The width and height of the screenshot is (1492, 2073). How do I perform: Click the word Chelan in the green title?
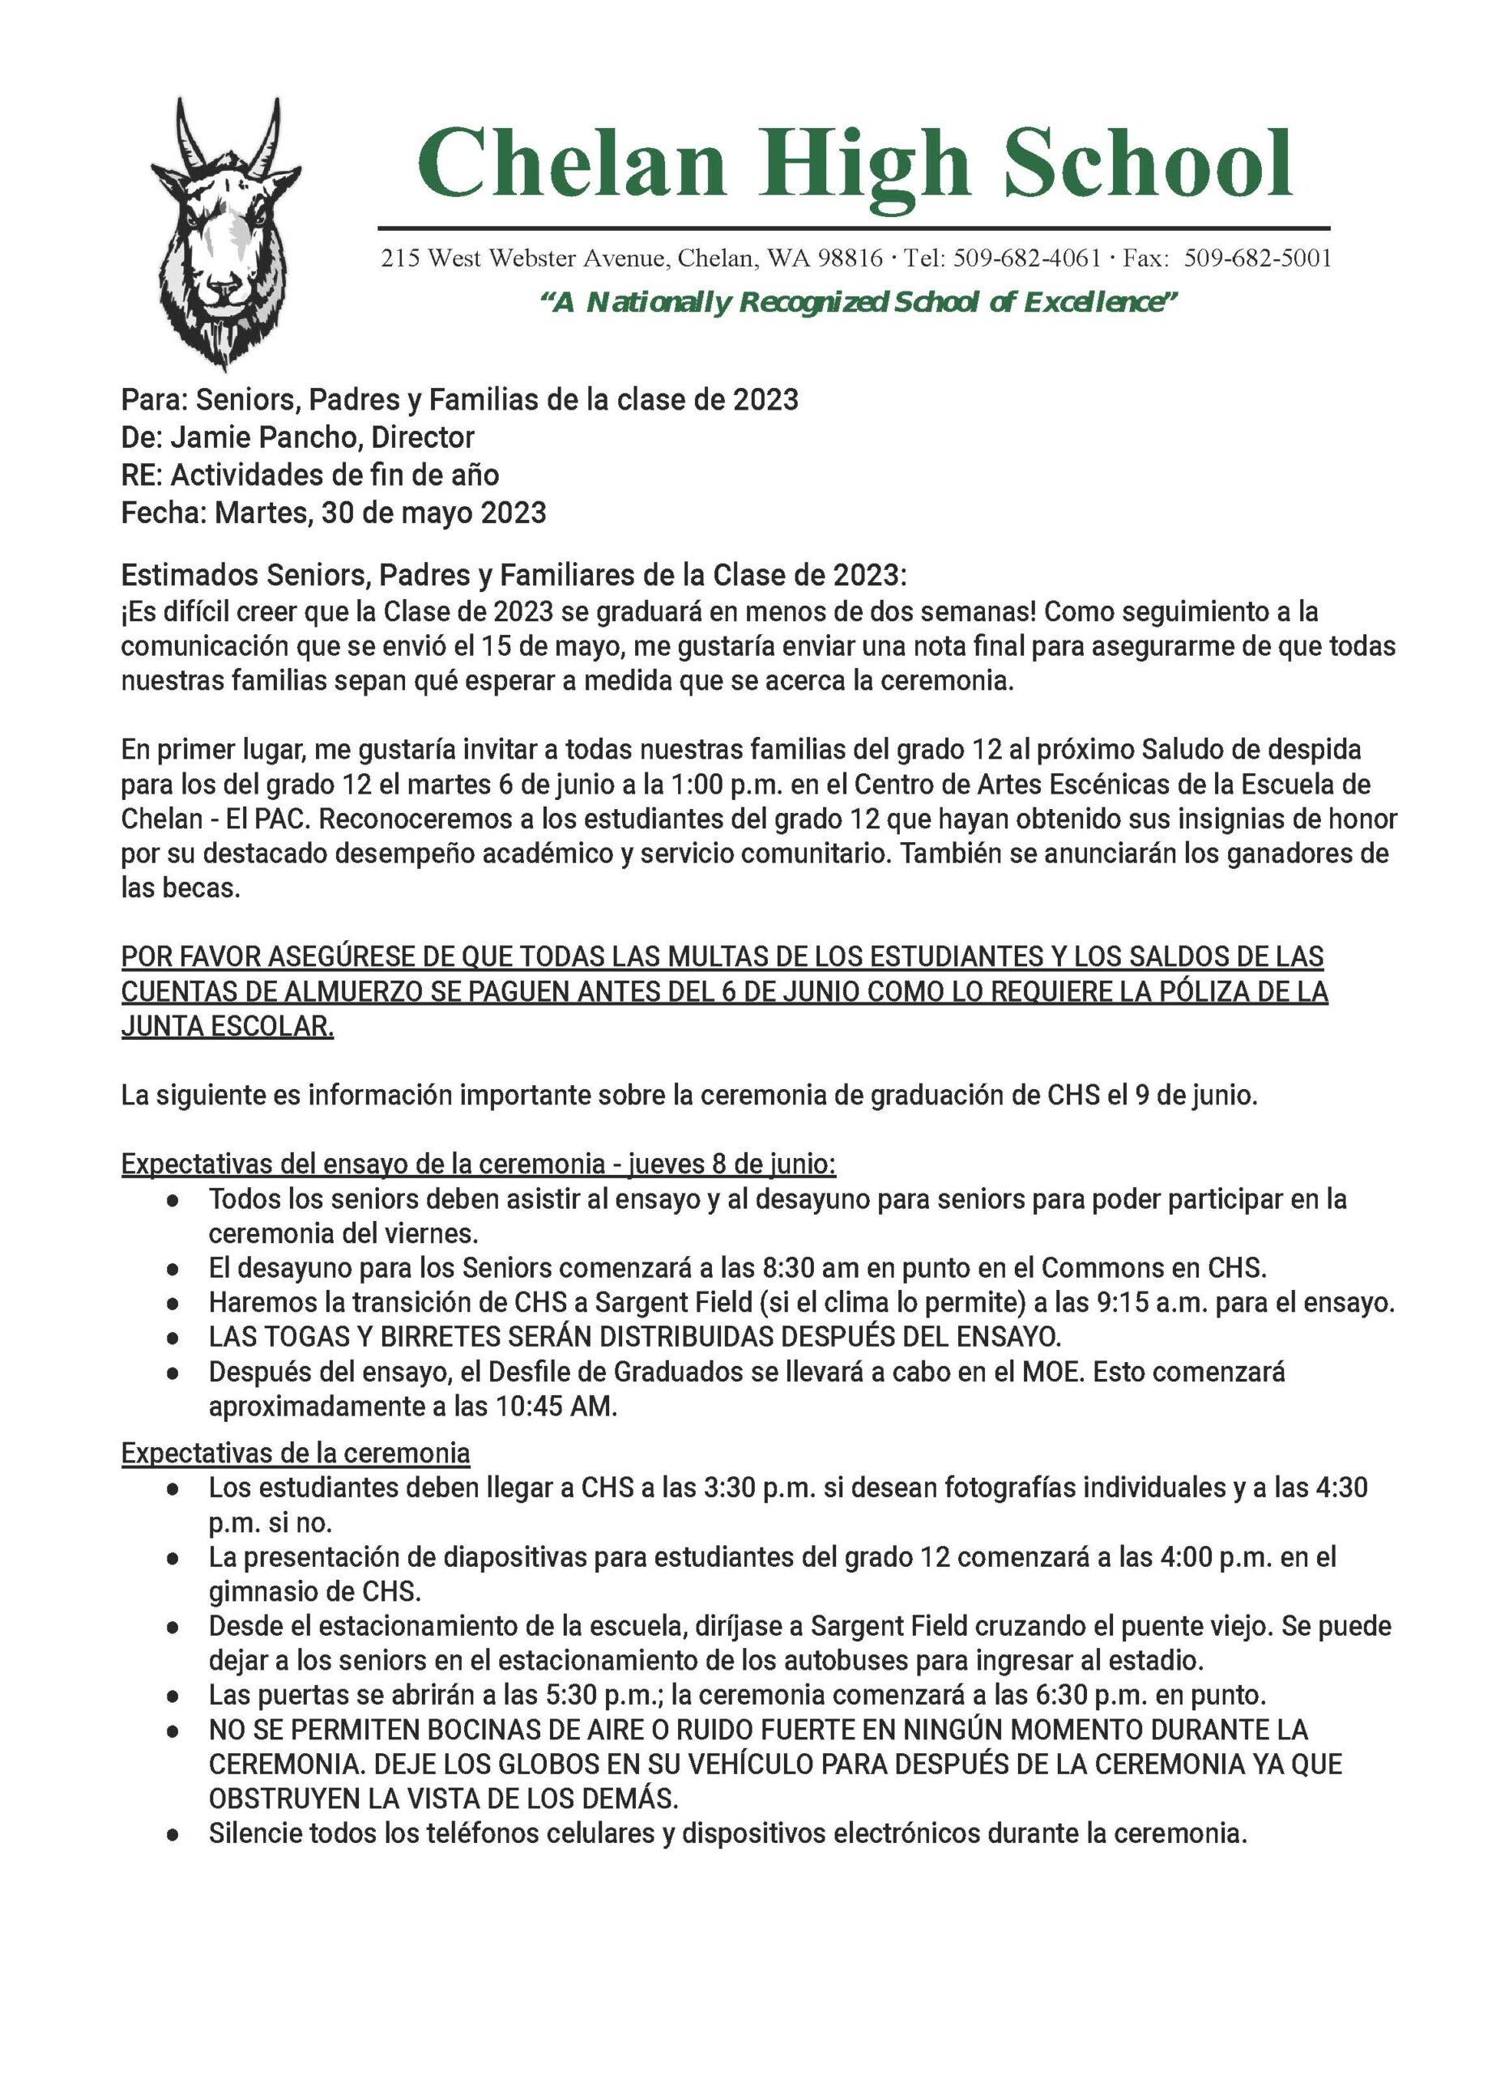coord(571,164)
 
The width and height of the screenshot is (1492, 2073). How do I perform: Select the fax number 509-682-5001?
coord(1257,258)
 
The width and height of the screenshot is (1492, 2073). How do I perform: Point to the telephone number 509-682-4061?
coord(1027,258)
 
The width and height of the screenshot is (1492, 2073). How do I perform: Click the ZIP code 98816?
coord(850,258)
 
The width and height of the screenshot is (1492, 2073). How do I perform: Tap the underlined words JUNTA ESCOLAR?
coord(228,1027)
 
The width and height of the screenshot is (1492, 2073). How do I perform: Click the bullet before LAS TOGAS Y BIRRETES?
coord(172,1338)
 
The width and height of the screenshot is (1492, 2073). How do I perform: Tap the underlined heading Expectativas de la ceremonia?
coord(296,1453)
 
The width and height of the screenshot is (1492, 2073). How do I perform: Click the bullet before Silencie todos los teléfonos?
coord(172,1834)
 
